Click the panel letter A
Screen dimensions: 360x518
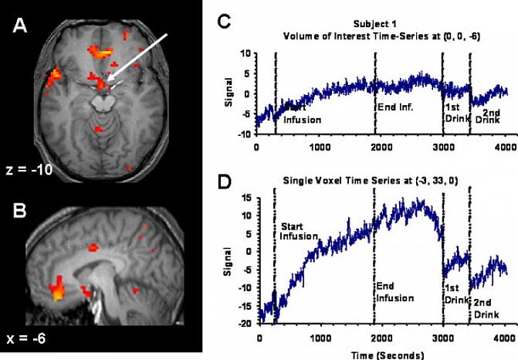click(x=22, y=28)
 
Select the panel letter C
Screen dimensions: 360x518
click(x=224, y=22)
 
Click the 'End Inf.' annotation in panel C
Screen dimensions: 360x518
click(x=394, y=107)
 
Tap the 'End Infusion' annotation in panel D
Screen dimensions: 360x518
click(x=394, y=291)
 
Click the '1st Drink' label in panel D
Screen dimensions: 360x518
click(x=455, y=291)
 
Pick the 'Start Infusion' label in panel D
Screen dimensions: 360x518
click(x=299, y=231)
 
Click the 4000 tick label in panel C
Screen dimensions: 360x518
click(x=505, y=146)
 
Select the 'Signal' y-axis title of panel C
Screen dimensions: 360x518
click(x=231, y=94)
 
